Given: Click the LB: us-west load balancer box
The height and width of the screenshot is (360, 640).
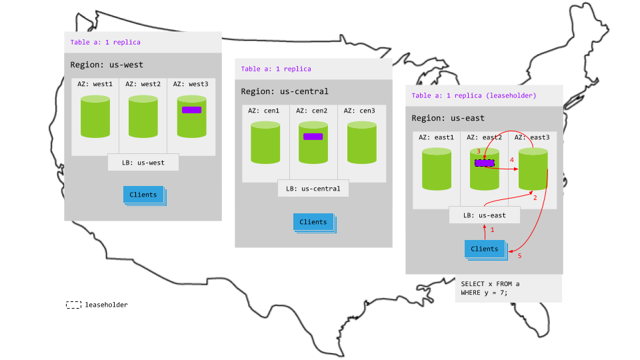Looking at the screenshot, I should [x=143, y=163].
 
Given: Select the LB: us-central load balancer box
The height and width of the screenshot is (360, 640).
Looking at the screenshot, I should [x=313, y=189].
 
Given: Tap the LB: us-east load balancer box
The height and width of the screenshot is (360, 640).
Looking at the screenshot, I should [x=483, y=215].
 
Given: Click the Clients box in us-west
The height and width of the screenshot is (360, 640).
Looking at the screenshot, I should [x=143, y=195].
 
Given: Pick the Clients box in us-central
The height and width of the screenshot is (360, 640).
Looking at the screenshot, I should [x=313, y=222].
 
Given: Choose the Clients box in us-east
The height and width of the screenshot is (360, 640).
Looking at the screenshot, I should [x=484, y=249].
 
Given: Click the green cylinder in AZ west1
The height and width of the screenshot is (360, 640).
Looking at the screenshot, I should [x=95, y=117].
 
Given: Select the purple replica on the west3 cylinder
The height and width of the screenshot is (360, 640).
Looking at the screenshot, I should [x=191, y=109].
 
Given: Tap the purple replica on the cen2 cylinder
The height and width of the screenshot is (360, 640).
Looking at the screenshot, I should [x=313, y=137].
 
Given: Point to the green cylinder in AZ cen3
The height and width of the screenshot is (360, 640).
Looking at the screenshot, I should [x=361, y=143].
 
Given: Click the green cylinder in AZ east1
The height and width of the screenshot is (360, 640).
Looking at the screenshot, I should [x=437, y=169].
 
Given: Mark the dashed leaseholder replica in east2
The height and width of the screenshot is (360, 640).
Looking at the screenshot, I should [x=484, y=163].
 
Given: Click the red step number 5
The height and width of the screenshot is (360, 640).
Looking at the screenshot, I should [x=520, y=256].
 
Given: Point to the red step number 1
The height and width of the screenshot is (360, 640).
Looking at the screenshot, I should [x=493, y=229].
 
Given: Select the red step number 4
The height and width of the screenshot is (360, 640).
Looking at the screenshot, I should [x=511, y=160].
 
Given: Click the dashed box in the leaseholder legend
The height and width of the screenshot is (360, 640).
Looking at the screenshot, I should [x=73, y=305].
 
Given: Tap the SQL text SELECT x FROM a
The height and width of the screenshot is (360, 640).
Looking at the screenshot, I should [x=490, y=284].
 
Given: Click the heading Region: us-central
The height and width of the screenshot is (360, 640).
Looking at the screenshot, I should [x=285, y=91].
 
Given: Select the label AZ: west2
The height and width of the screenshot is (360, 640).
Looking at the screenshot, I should [x=143, y=85].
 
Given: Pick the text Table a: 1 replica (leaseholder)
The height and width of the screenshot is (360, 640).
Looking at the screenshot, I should [x=474, y=95].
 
